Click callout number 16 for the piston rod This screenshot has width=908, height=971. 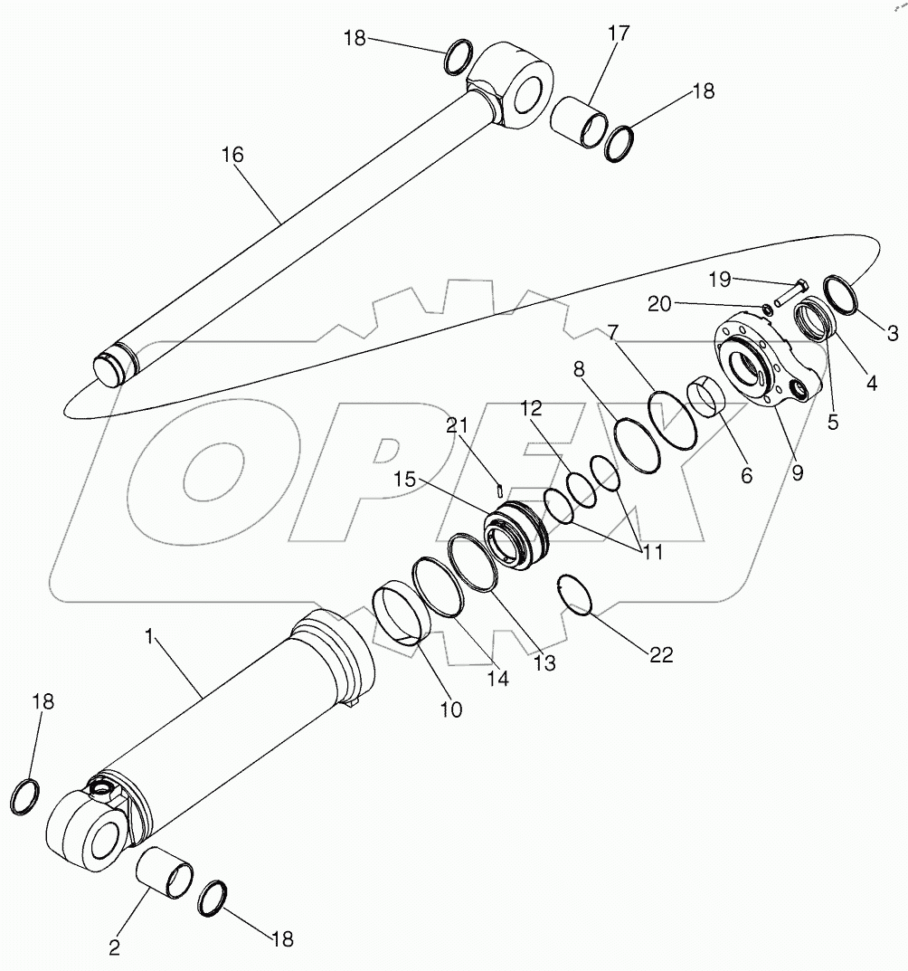[x=232, y=155]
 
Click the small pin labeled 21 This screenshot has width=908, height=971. [x=500, y=490]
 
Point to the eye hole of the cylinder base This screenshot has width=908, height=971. [x=101, y=833]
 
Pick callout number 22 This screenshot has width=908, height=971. [x=661, y=655]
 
